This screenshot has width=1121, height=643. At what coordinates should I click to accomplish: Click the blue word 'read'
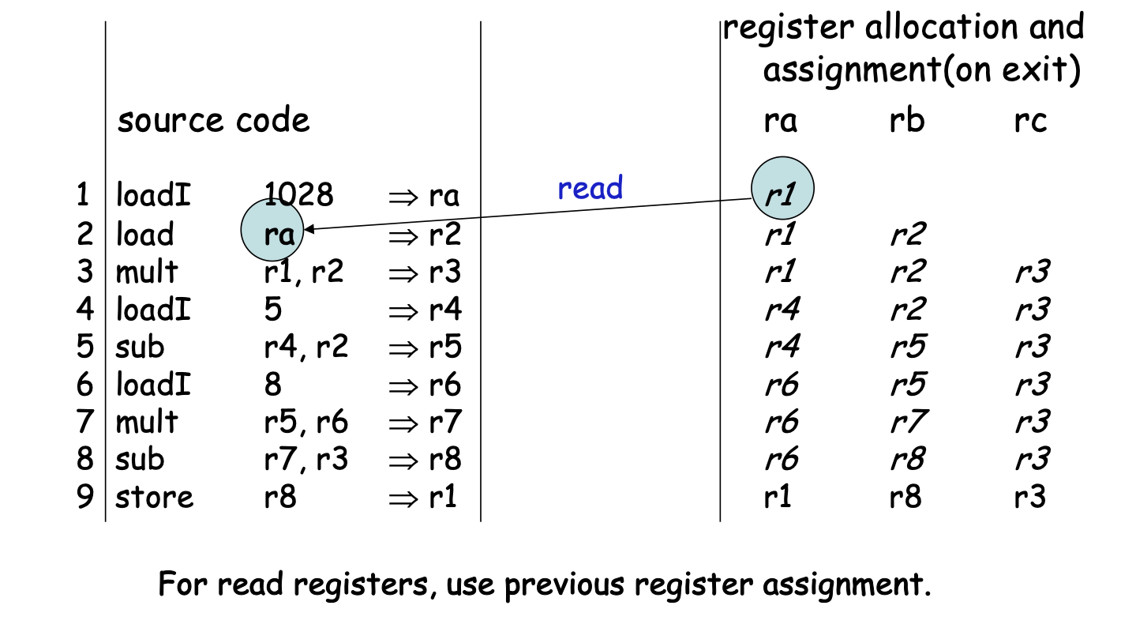590,188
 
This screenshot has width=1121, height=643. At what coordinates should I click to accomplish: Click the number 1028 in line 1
299,194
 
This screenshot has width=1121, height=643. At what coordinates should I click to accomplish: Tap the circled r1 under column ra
781,191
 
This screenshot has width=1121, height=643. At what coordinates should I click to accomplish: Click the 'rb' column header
906,121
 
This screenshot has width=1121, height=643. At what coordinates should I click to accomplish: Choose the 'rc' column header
1031,121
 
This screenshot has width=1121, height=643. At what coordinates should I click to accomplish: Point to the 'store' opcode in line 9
154,498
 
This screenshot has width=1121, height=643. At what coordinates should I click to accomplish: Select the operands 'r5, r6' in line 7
306,422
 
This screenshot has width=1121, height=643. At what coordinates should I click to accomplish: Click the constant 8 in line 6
273,385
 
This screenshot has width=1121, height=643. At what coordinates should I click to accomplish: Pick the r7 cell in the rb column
905,422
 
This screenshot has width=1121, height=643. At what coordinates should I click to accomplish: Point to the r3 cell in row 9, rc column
1031,498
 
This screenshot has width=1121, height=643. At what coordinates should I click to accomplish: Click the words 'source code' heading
213,121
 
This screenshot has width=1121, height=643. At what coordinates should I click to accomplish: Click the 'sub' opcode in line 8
140,460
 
